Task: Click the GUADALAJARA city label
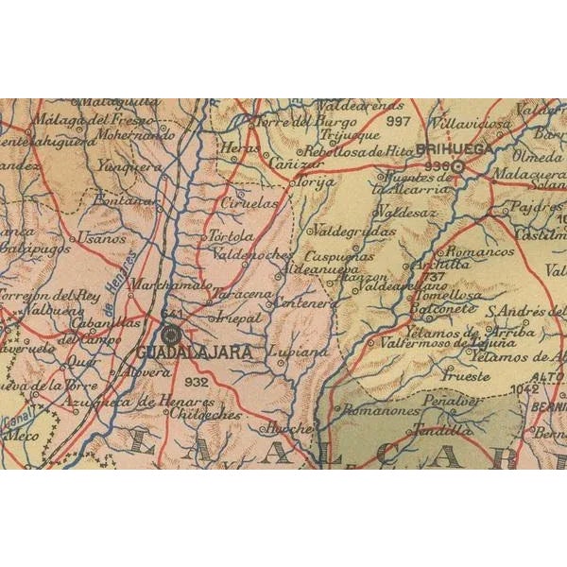(x=196, y=351)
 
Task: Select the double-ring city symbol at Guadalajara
(x=171, y=334)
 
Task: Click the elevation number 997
(x=399, y=122)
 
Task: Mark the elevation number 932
(x=198, y=382)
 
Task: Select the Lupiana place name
(x=299, y=352)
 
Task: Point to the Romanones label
(x=379, y=411)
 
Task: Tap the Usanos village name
(x=101, y=238)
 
